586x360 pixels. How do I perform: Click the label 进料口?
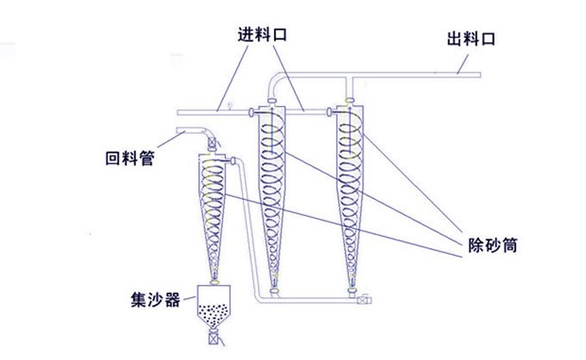262,36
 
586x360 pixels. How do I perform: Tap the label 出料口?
472,39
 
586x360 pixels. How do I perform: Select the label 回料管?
128,159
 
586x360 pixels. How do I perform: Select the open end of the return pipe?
178,132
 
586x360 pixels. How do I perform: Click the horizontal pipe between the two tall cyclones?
311,112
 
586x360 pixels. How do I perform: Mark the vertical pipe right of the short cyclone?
248,224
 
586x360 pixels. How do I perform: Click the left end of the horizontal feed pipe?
178,113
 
